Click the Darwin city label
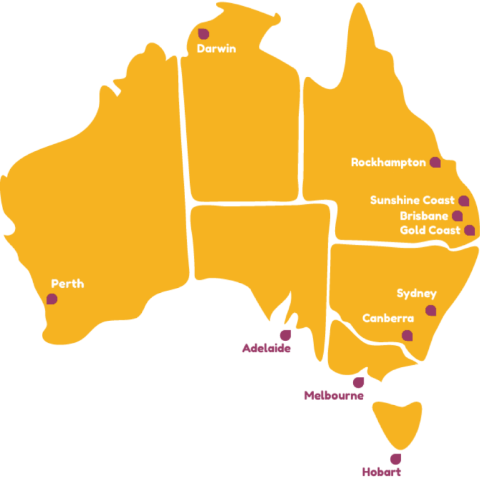[216, 48]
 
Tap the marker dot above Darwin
[203, 34]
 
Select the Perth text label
[67, 284]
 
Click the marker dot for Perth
[52, 299]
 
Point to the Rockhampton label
[388, 162]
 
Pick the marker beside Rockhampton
[435, 162]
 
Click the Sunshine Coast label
[412, 200]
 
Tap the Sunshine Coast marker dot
[463, 201]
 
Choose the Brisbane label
[424, 216]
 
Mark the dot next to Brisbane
[457, 216]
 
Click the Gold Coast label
[430, 230]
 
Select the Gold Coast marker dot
[469, 230]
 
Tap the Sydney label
[417, 293]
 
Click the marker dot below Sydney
[431, 310]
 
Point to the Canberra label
[388, 318]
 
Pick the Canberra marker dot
[407, 335]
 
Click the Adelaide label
[266, 348]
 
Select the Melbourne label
[334, 395]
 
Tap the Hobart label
[382, 471]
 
